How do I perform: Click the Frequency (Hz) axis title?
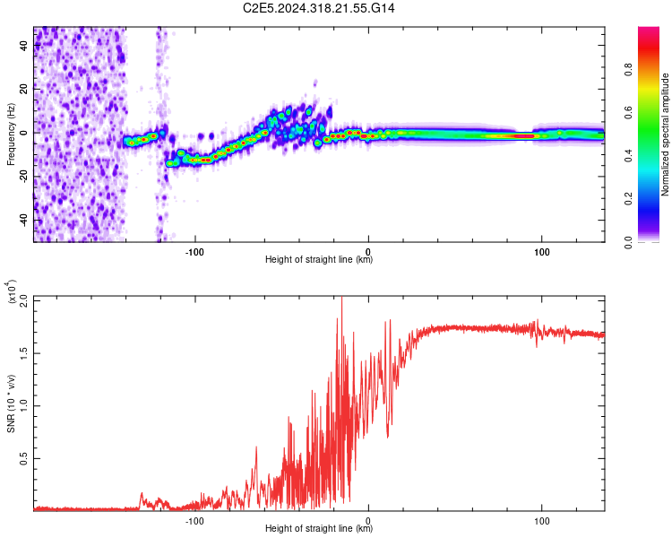pyautogui.click(x=12, y=134)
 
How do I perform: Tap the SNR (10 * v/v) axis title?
pyautogui.click(x=12, y=403)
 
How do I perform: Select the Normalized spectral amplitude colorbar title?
pyautogui.click(x=666, y=134)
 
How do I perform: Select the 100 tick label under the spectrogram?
pyautogui.click(x=541, y=250)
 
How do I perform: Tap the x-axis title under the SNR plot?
pyautogui.click(x=319, y=529)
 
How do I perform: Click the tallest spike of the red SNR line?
pyautogui.click(x=341, y=299)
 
